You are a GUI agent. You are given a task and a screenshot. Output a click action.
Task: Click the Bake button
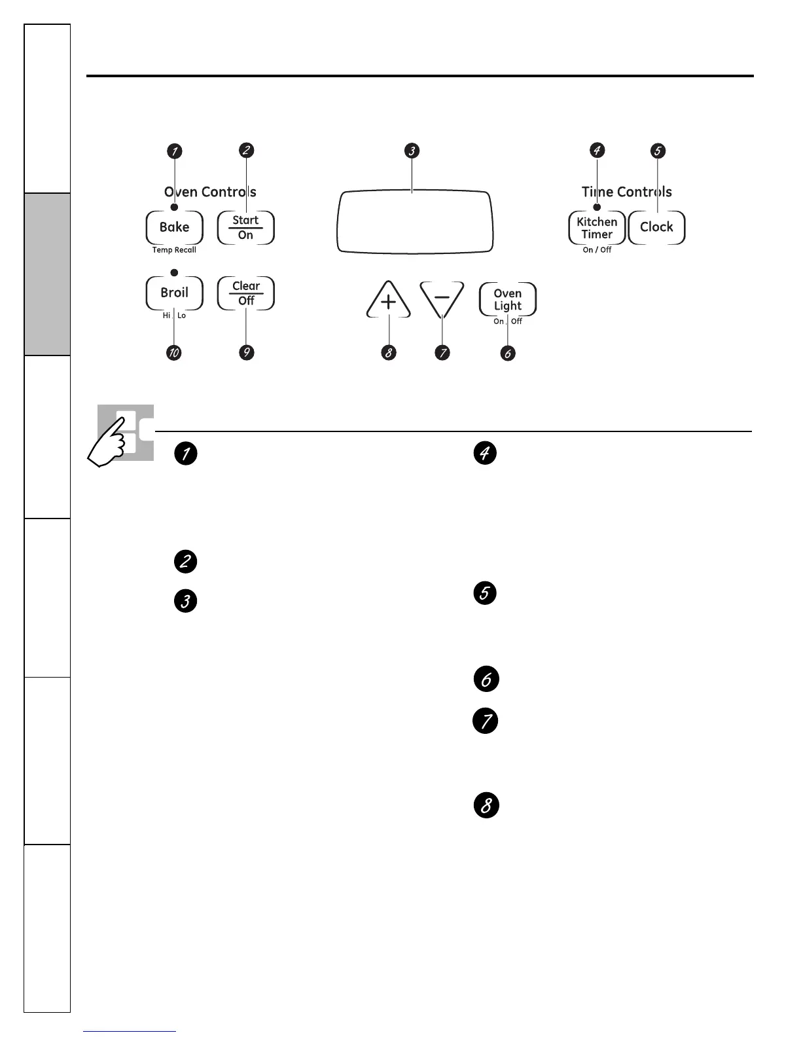pos(174,227)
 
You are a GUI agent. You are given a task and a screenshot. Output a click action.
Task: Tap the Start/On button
pos(245,228)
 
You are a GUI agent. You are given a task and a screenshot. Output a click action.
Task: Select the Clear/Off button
pos(246,293)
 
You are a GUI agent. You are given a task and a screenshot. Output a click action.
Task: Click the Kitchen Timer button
pos(597,228)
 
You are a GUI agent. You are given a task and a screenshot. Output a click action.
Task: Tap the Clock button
pos(656,227)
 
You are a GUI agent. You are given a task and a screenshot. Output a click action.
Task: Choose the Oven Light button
pos(508,300)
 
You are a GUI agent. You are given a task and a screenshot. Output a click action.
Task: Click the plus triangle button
pos(389,302)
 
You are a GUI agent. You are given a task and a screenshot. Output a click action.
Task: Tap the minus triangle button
pos(442,299)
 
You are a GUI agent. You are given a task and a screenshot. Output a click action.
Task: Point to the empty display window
pos(415,222)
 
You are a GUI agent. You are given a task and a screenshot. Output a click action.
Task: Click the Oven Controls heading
pos(210,192)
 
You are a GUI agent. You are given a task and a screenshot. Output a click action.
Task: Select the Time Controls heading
pos(627,192)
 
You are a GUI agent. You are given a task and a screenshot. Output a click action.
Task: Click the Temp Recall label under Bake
pos(174,250)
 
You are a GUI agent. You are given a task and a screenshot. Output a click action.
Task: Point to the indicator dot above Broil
pos(174,272)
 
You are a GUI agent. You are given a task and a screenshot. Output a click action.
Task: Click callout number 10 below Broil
pos(174,353)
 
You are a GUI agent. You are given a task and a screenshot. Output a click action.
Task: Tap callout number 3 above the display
pos(412,151)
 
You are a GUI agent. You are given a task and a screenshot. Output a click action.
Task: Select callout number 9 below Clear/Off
pos(246,353)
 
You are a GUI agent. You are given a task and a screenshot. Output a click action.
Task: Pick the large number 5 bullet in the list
pos(485,593)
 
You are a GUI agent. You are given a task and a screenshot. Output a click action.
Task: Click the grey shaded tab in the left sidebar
pos(47,274)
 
